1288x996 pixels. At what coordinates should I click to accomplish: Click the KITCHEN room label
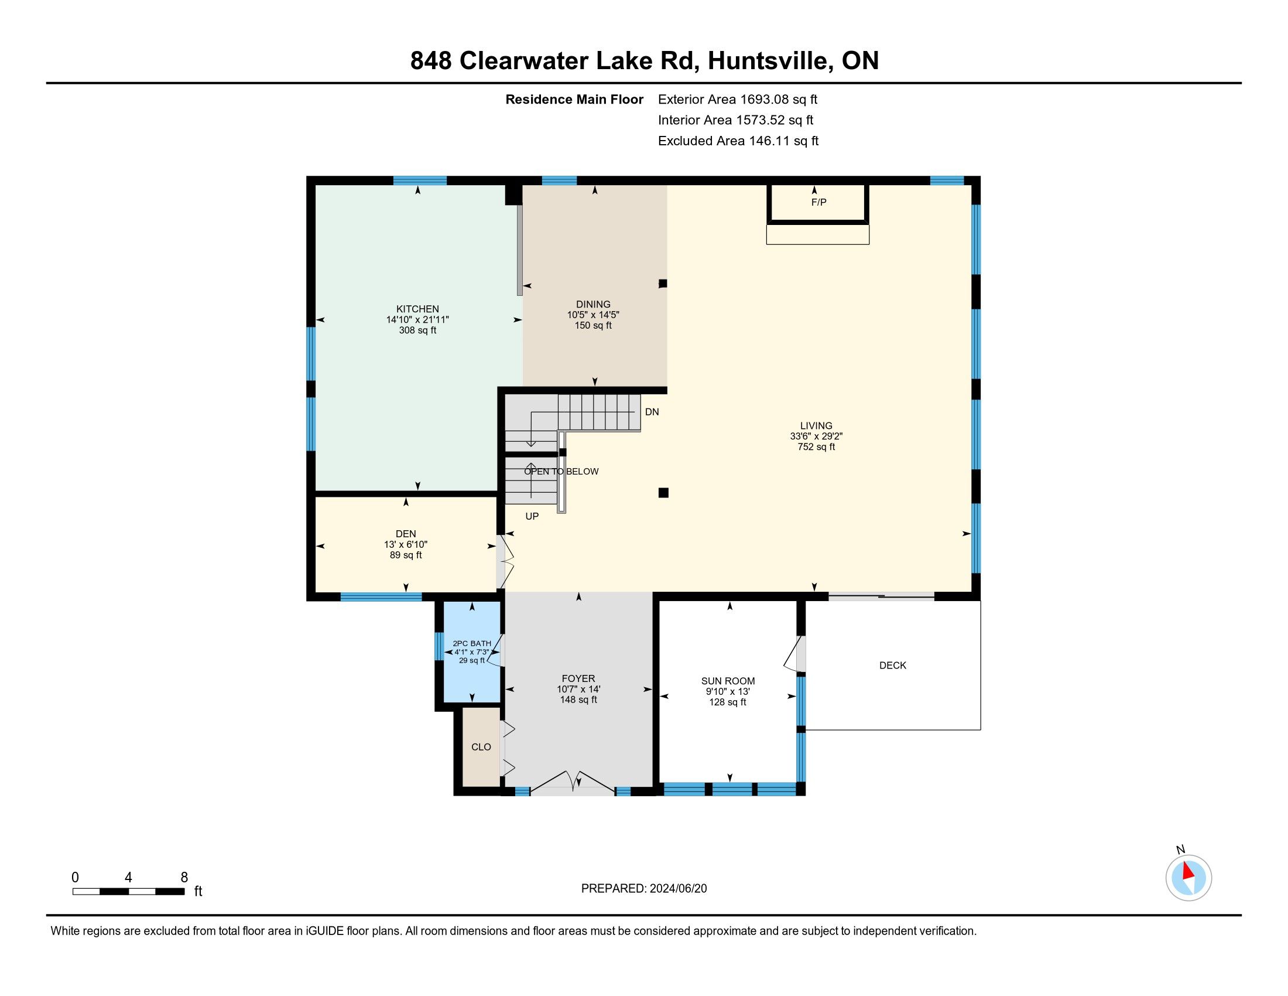coord(417,309)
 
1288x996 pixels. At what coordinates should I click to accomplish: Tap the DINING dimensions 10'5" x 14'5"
coord(593,315)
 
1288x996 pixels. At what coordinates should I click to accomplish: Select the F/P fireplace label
coord(818,202)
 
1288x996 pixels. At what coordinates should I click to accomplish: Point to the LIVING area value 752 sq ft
coord(816,446)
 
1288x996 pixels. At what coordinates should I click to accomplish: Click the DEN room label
coord(406,534)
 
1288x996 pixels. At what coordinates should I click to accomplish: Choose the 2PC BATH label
coord(472,643)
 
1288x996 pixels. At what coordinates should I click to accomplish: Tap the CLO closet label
coord(481,747)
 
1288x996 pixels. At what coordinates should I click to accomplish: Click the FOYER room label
coord(578,678)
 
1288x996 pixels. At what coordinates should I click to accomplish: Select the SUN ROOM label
coord(728,681)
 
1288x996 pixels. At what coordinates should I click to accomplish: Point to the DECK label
coord(893,666)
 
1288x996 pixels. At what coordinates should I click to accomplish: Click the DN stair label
coord(652,412)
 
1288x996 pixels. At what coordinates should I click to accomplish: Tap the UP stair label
coord(532,516)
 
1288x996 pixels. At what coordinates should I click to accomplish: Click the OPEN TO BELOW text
coord(561,472)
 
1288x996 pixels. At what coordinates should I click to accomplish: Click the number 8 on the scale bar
coord(184,878)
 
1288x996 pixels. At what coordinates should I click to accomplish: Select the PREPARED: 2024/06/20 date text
coord(644,889)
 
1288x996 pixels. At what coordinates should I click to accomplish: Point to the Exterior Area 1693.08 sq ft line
coord(738,99)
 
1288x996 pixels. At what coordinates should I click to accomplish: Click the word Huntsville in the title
coord(770,61)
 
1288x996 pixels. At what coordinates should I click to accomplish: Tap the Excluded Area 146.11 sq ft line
coord(738,141)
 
